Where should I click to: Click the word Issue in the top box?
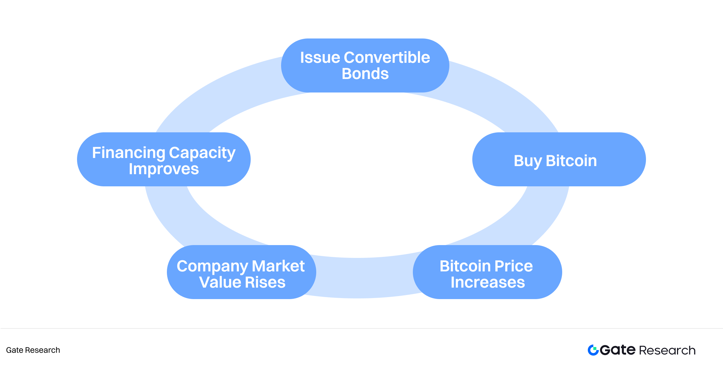(320, 58)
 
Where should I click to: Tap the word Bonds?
(365, 74)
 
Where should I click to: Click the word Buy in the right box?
(527, 161)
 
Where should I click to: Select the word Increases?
(488, 283)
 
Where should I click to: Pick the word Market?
(278, 266)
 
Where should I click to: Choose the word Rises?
(265, 283)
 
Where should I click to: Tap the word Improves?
(164, 169)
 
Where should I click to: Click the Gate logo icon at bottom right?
(593, 350)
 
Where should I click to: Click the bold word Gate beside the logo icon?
(618, 350)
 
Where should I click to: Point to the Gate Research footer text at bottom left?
(33, 350)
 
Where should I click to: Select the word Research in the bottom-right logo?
(667, 350)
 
